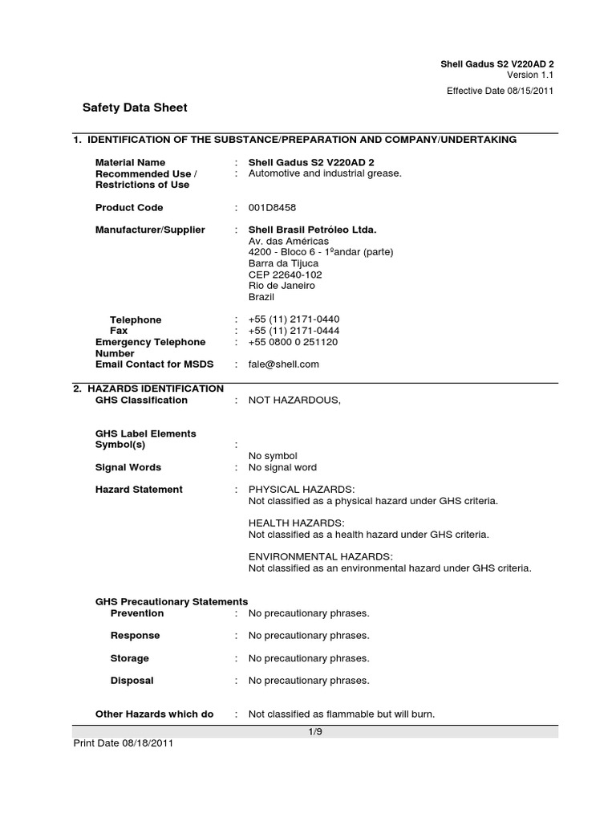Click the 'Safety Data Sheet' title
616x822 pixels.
135,108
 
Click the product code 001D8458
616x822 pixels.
273,208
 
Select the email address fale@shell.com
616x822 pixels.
284,364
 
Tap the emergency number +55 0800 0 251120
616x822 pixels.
293,342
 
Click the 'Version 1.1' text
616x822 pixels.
532,75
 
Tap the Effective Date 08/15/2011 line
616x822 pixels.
500,91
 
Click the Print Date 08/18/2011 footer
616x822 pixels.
123,743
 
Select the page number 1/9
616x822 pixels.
314,731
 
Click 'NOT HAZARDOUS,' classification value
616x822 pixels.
294,401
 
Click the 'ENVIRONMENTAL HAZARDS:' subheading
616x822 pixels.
320,556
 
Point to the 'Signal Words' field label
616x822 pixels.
128,467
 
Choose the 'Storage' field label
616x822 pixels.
129,658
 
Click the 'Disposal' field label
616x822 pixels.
132,681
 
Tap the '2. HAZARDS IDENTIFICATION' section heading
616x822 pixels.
148,389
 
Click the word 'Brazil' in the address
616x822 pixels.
261,297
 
